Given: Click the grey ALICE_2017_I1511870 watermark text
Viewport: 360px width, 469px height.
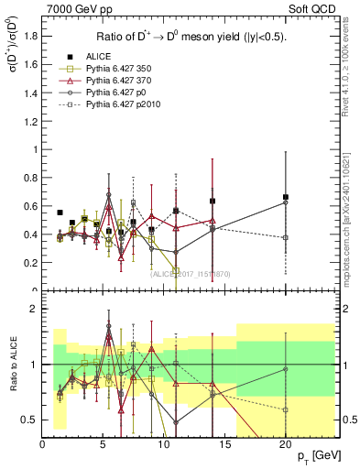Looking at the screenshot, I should (x=190, y=273).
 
